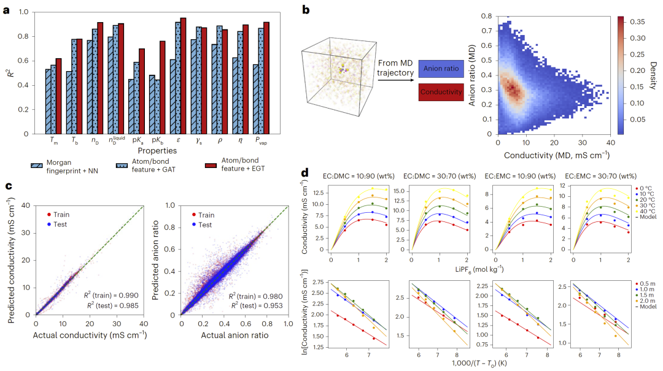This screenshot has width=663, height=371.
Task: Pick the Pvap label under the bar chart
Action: [261, 140]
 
